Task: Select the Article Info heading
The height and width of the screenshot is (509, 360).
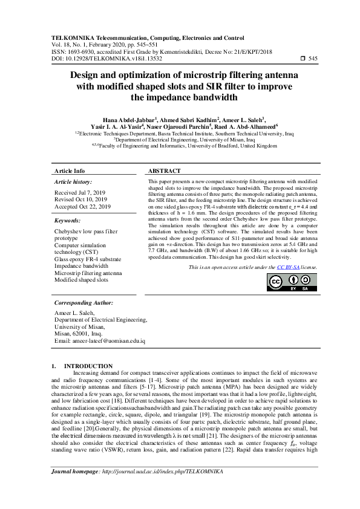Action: (x=70, y=172)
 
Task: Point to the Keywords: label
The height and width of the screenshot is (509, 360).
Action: (x=68, y=221)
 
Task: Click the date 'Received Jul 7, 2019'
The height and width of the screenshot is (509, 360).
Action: (x=80, y=191)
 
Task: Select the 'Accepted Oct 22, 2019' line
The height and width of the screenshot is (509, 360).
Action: (x=82, y=206)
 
